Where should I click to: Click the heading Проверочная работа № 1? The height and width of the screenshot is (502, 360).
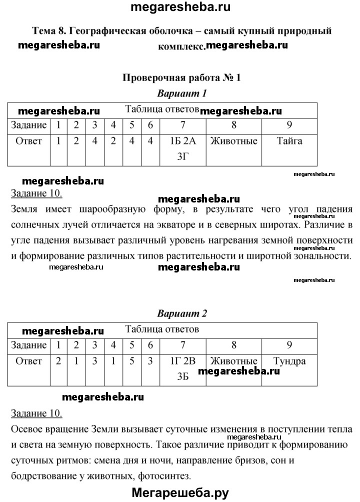(181, 77)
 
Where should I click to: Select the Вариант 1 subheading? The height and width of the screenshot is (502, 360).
(182, 93)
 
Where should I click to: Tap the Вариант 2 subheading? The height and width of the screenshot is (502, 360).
(182, 314)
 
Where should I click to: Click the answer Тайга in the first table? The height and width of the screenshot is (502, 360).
(289, 141)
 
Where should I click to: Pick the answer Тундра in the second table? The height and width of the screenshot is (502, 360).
(289, 361)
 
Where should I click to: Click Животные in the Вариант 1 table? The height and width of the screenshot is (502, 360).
(234, 141)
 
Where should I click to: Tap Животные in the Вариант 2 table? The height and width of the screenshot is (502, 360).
(234, 361)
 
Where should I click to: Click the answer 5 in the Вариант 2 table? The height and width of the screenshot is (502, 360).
(132, 361)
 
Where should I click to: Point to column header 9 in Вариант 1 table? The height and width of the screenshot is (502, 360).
(289, 125)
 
